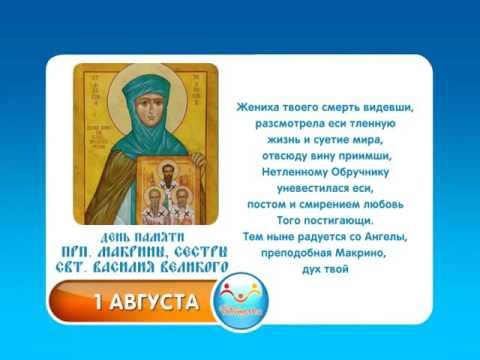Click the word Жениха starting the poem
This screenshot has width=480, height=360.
pyautogui.click(x=260, y=106)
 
